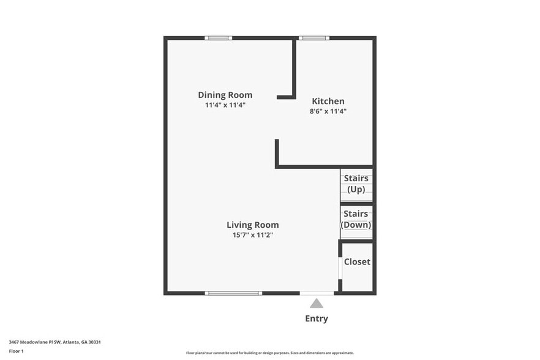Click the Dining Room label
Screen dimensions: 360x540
coord(225,95)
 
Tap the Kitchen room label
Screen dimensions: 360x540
coord(328,101)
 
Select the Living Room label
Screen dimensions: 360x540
coord(252,225)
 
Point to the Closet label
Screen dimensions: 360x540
coord(357,261)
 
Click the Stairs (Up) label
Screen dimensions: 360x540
coord(356,184)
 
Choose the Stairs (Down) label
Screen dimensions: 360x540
coord(356,219)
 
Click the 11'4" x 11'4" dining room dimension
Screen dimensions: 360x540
coord(225,105)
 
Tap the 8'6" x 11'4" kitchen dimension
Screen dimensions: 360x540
coord(328,111)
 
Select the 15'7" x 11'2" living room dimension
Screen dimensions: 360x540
coord(252,234)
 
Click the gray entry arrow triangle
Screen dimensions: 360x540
coord(317,303)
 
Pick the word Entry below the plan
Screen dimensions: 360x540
coord(317,318)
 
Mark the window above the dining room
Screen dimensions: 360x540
coord(218,38)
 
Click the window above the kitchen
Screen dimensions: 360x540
coord(314,38)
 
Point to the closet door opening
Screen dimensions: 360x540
coord(340,268)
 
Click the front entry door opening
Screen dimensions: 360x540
coord(317,293)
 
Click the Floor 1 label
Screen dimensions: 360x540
coord(16,351)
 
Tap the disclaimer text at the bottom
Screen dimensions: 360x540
coord(269,353)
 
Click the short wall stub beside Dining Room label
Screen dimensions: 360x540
coord(285,97)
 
